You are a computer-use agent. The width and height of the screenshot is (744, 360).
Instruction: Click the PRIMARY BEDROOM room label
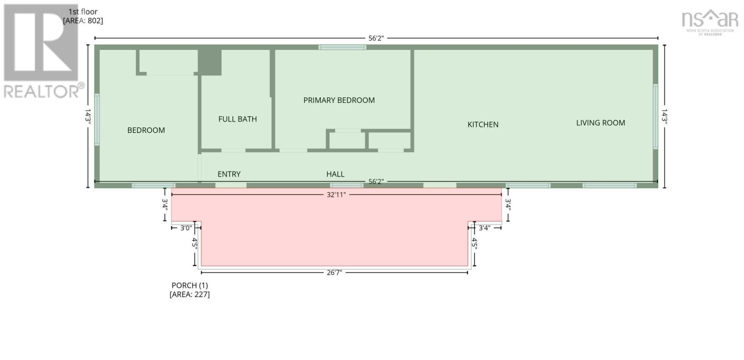tap(339, 100)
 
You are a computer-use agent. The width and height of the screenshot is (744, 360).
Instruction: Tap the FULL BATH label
tap(238, 119)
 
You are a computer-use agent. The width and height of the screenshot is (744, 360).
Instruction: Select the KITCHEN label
tap(483, 125)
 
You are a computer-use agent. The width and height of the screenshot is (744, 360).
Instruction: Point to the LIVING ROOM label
tap(600, 123)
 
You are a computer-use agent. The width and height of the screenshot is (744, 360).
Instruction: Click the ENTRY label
tap(229, 174)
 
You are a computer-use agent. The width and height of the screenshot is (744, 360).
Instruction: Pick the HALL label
tap(335, 174)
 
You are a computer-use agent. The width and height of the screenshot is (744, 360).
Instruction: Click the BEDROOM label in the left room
tap(146, 130)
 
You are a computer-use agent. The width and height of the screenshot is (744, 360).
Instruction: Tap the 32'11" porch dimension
tap(336, 194)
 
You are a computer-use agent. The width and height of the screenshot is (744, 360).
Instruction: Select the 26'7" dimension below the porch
tap(334, 273)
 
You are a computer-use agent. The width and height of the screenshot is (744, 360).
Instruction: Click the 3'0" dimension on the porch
tap(186, 228)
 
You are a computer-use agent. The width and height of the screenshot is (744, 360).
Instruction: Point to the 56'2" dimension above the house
tap(376, 38)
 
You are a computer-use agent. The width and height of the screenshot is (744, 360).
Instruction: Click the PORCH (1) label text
tap(190, 285)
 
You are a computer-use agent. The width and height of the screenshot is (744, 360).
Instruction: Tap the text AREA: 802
tap(83, 20)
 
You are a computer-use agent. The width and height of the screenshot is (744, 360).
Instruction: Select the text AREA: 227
tap(190, 294)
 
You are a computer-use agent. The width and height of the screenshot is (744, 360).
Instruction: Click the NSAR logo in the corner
tap(710, 22)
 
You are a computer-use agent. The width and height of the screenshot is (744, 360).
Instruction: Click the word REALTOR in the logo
tap(41, 91)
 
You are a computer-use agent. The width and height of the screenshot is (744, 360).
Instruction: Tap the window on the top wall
tap(342, 47)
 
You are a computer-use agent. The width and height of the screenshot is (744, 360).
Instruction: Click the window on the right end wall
tap(655, 116)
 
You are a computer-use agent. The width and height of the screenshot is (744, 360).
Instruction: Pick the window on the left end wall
tap(97, 120)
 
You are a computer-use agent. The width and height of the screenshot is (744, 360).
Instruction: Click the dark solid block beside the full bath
tap(210, 62)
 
